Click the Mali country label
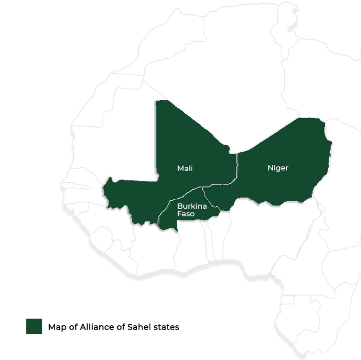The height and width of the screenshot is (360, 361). (x=185, y=168)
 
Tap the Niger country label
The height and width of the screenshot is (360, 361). (x=278, y=168)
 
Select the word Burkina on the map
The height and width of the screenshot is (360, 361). (x=192, y=206)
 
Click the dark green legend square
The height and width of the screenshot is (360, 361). (x=34, y=327)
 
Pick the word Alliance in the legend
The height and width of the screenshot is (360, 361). (x=98, y=327)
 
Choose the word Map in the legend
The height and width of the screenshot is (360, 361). (x=56, y=327)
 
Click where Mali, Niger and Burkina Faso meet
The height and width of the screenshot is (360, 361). (x=203, y=188)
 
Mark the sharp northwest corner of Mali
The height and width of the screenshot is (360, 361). (x=157, y=101)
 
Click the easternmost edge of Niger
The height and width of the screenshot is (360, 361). (x=332, y=143)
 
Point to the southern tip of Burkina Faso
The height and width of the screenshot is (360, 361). (x=175, y=231)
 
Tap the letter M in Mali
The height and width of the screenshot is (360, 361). (x=180, y=168)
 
